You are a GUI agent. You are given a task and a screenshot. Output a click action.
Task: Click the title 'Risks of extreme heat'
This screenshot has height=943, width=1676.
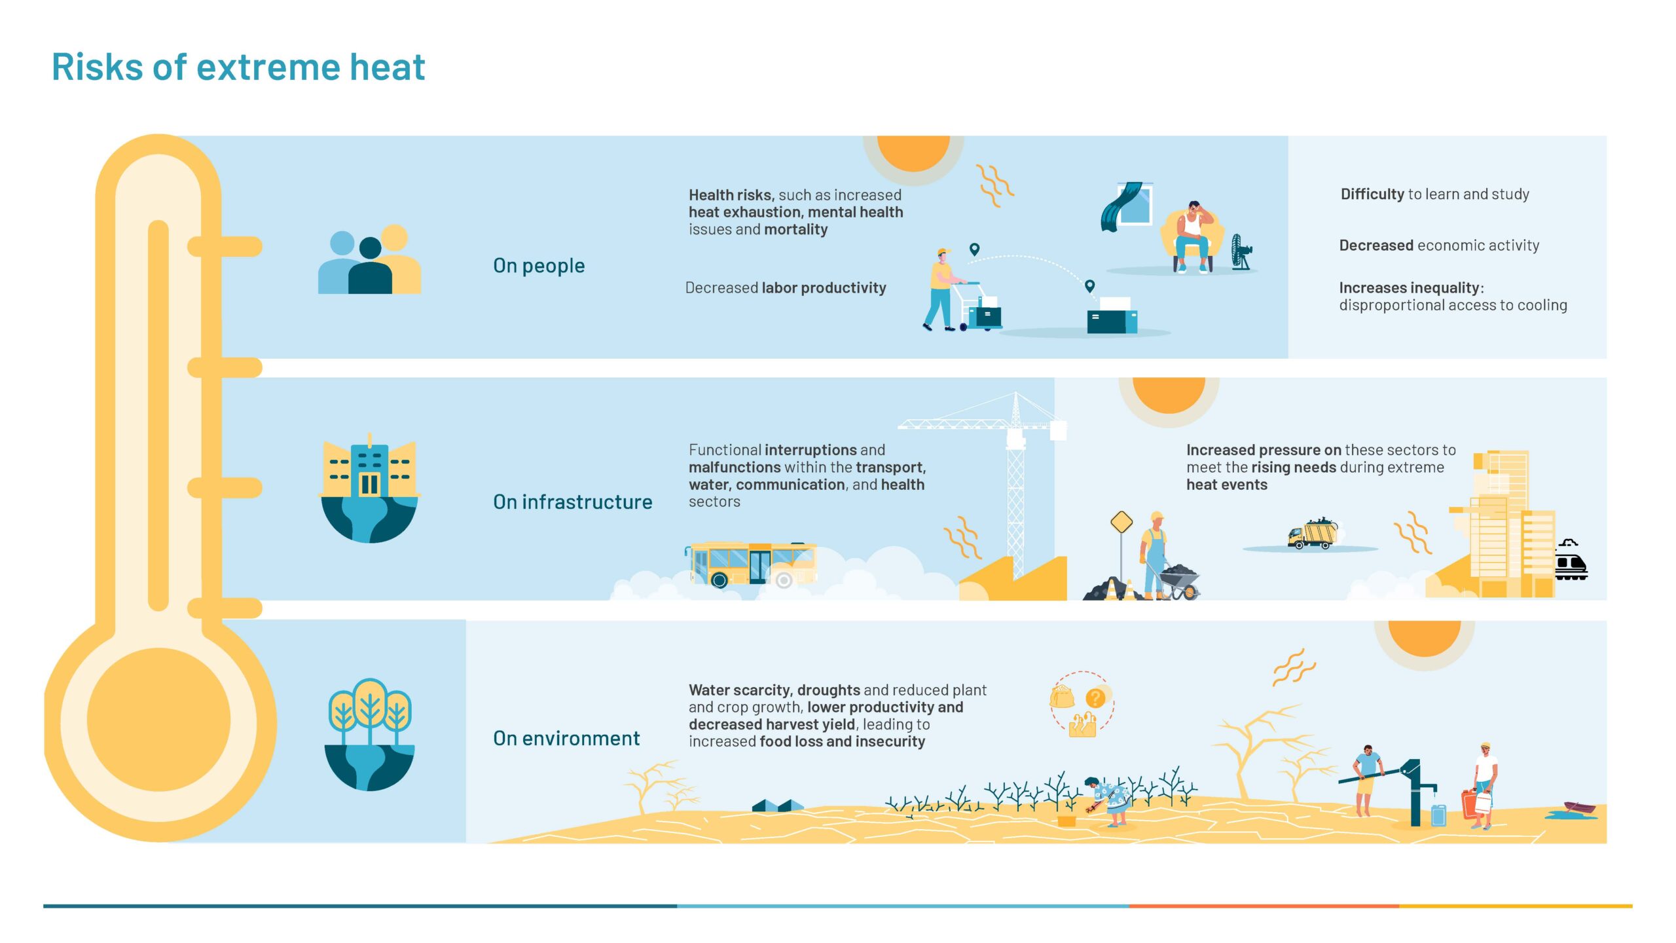238,67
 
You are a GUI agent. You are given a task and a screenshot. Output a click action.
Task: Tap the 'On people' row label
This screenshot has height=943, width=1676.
539,266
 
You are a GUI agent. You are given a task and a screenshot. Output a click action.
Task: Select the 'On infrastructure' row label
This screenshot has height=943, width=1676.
573,502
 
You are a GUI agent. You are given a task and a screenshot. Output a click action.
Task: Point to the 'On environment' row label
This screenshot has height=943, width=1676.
566,738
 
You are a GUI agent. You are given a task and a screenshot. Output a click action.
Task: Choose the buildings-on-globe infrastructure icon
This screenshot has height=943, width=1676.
370,488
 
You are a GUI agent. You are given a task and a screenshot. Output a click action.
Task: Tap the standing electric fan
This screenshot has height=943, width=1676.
1241,252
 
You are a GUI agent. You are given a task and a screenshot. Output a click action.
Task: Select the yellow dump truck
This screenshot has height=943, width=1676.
1313,533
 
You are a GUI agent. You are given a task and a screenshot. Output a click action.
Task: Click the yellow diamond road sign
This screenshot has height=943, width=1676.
1121,523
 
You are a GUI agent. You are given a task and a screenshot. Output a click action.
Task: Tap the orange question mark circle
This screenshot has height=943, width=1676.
1095,698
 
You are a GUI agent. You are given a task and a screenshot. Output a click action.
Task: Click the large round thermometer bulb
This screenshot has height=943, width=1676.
159,720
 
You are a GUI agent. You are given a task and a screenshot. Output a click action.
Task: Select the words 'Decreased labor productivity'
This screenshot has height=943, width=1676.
786,288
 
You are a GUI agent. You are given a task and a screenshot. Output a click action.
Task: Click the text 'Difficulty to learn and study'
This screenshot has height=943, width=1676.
1434,194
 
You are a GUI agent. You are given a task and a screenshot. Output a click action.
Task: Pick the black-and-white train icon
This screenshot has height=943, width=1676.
1571,561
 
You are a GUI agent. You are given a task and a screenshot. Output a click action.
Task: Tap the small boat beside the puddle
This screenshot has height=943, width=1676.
1580,808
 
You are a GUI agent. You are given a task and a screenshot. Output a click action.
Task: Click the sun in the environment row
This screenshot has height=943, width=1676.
1425,638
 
